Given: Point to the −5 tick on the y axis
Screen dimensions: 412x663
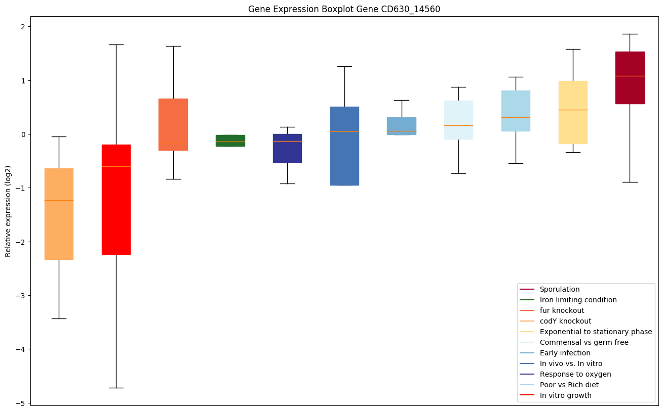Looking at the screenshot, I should click(x=23, y=403).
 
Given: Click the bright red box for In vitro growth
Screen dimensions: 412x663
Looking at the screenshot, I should click(x=116, y=200).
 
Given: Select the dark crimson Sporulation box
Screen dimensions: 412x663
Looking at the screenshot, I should click(x=630, y=78).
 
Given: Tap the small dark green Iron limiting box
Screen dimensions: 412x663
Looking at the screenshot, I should click(x=230, y=141).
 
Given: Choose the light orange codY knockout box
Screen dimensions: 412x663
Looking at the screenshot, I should click(x=59, y=214).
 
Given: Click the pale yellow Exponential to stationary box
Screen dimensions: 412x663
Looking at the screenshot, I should click(x=573, y=112).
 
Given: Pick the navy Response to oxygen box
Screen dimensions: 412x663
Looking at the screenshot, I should click(x=287, y=148).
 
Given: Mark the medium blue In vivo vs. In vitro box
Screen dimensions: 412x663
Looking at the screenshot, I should click(x=344, y=146).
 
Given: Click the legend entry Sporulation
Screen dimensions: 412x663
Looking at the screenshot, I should click(x=559, y=289).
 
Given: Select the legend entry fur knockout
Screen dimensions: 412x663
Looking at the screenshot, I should click(x=562, y=310).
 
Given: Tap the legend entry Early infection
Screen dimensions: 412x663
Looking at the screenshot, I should click(x=565, y=353).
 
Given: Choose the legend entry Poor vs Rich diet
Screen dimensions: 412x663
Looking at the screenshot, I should click(x=569, y=385).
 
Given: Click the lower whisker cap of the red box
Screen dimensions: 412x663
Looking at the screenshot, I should click(x=116, y=388).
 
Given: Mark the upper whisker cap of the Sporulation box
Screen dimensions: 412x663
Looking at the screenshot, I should click(x=630, y=34).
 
